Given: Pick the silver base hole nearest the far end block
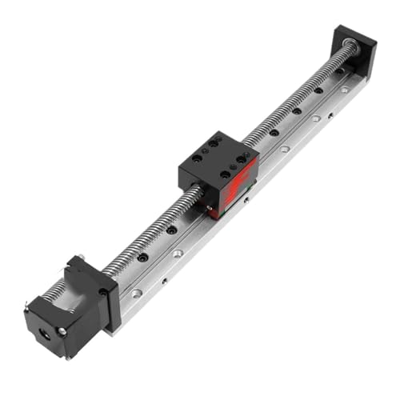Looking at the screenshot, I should click(x=344, y=90).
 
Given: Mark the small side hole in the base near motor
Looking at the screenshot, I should click(x=164, y=281).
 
